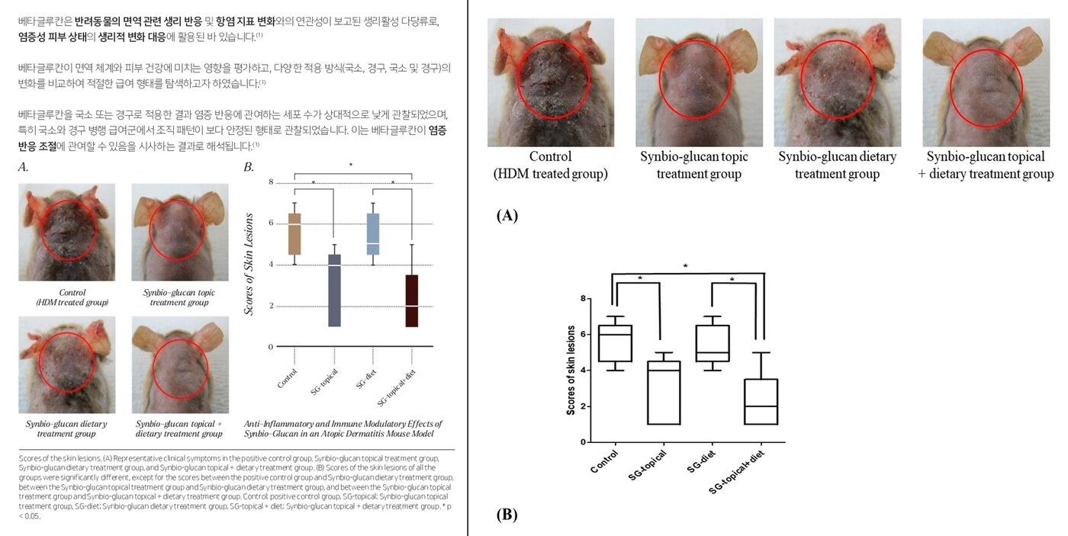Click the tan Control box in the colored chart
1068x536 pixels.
tap(294, 233)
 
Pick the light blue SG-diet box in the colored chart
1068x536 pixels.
tap(373, 233)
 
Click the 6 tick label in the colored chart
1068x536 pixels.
tap(271, 223)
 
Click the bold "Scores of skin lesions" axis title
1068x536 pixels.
tap(571, 371)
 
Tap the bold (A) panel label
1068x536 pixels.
tap(507, 216)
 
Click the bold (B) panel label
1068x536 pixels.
tap(507, 515)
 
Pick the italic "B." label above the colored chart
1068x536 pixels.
tap(249, 167)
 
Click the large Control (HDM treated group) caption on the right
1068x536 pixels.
tap(550, 165)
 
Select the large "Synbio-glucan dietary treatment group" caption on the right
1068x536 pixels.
tap(838, 165)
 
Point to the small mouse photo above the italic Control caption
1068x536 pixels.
tap(67, 232)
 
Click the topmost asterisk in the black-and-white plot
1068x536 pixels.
tap(686, 266)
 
